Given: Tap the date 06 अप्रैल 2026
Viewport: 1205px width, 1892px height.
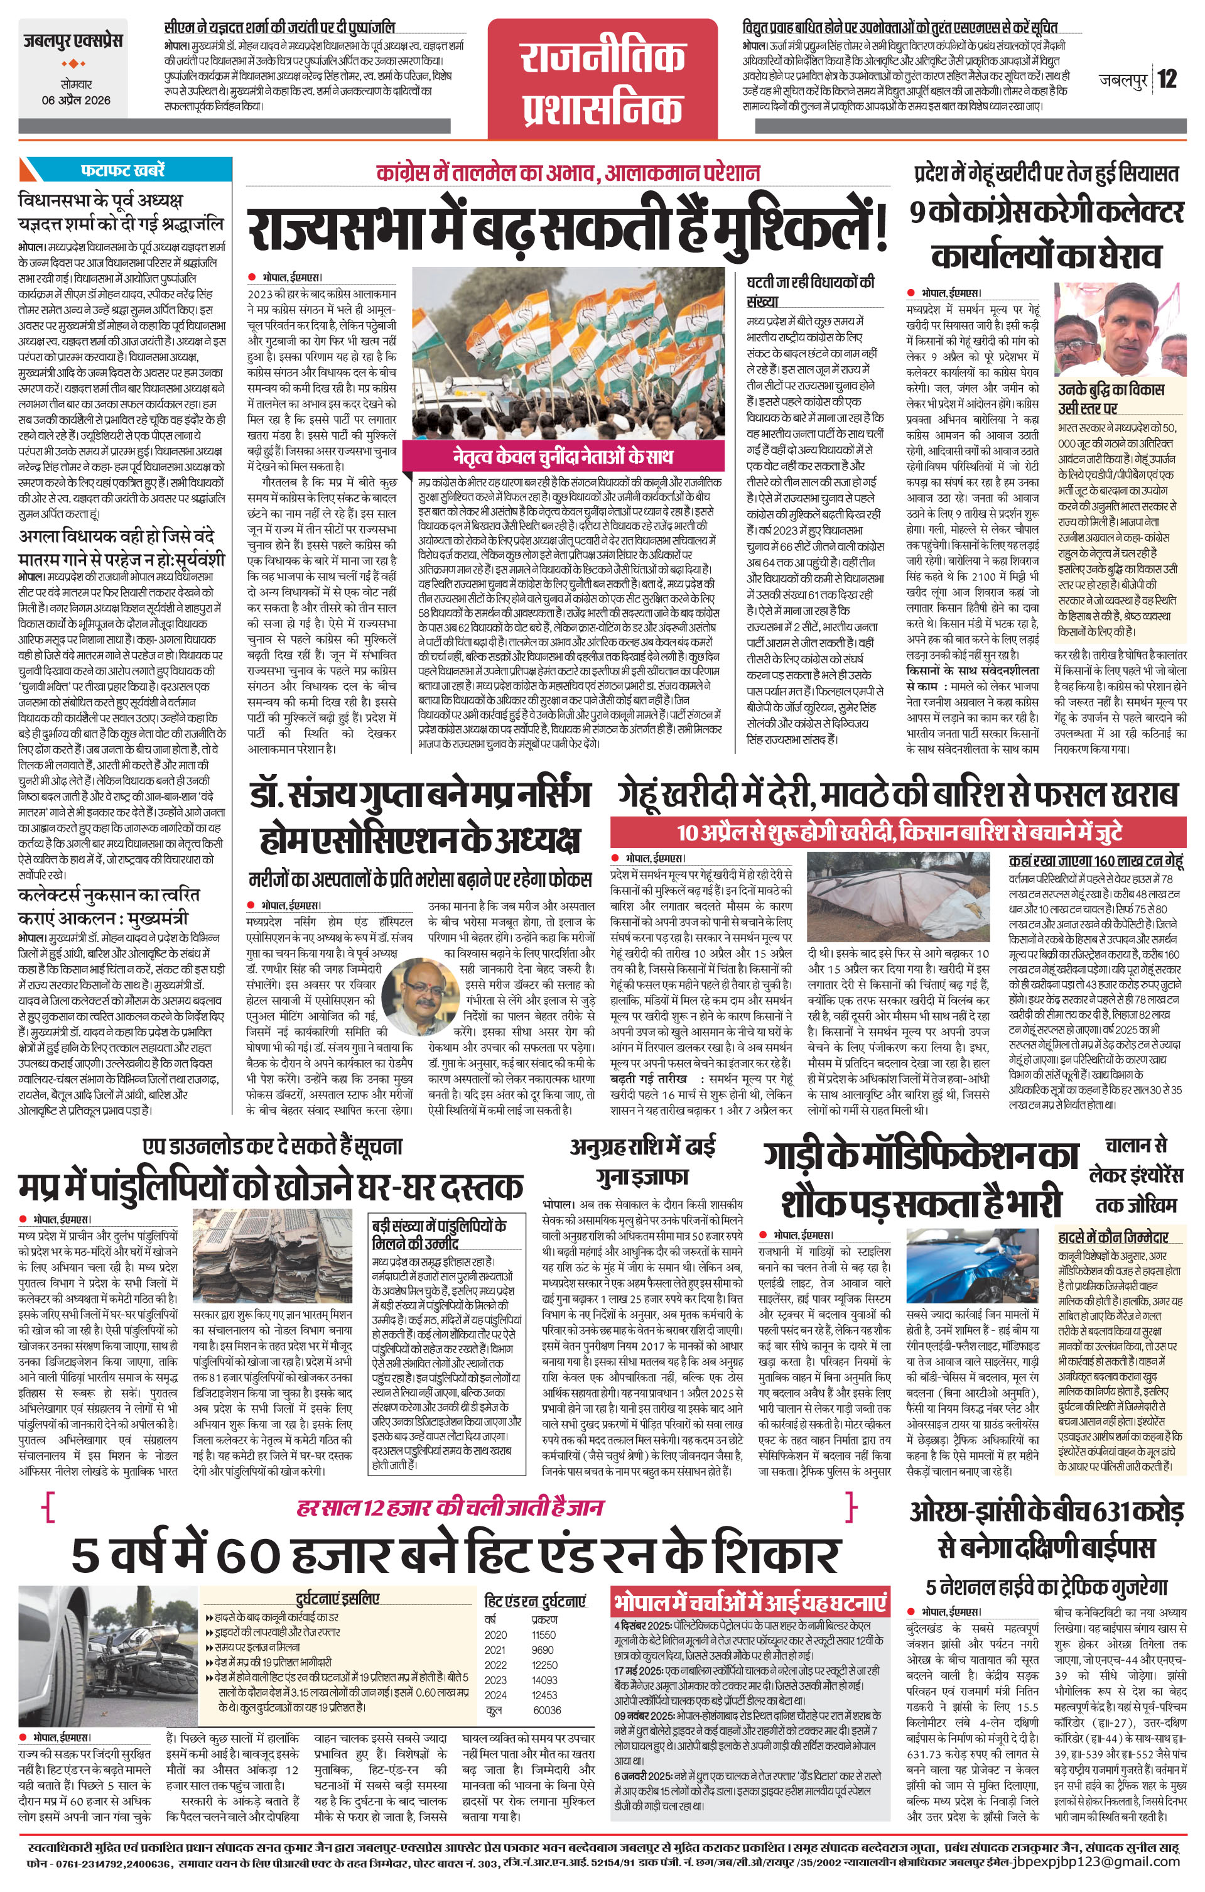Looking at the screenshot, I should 76,101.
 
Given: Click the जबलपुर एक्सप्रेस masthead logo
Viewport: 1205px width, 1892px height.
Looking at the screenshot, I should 72,41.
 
